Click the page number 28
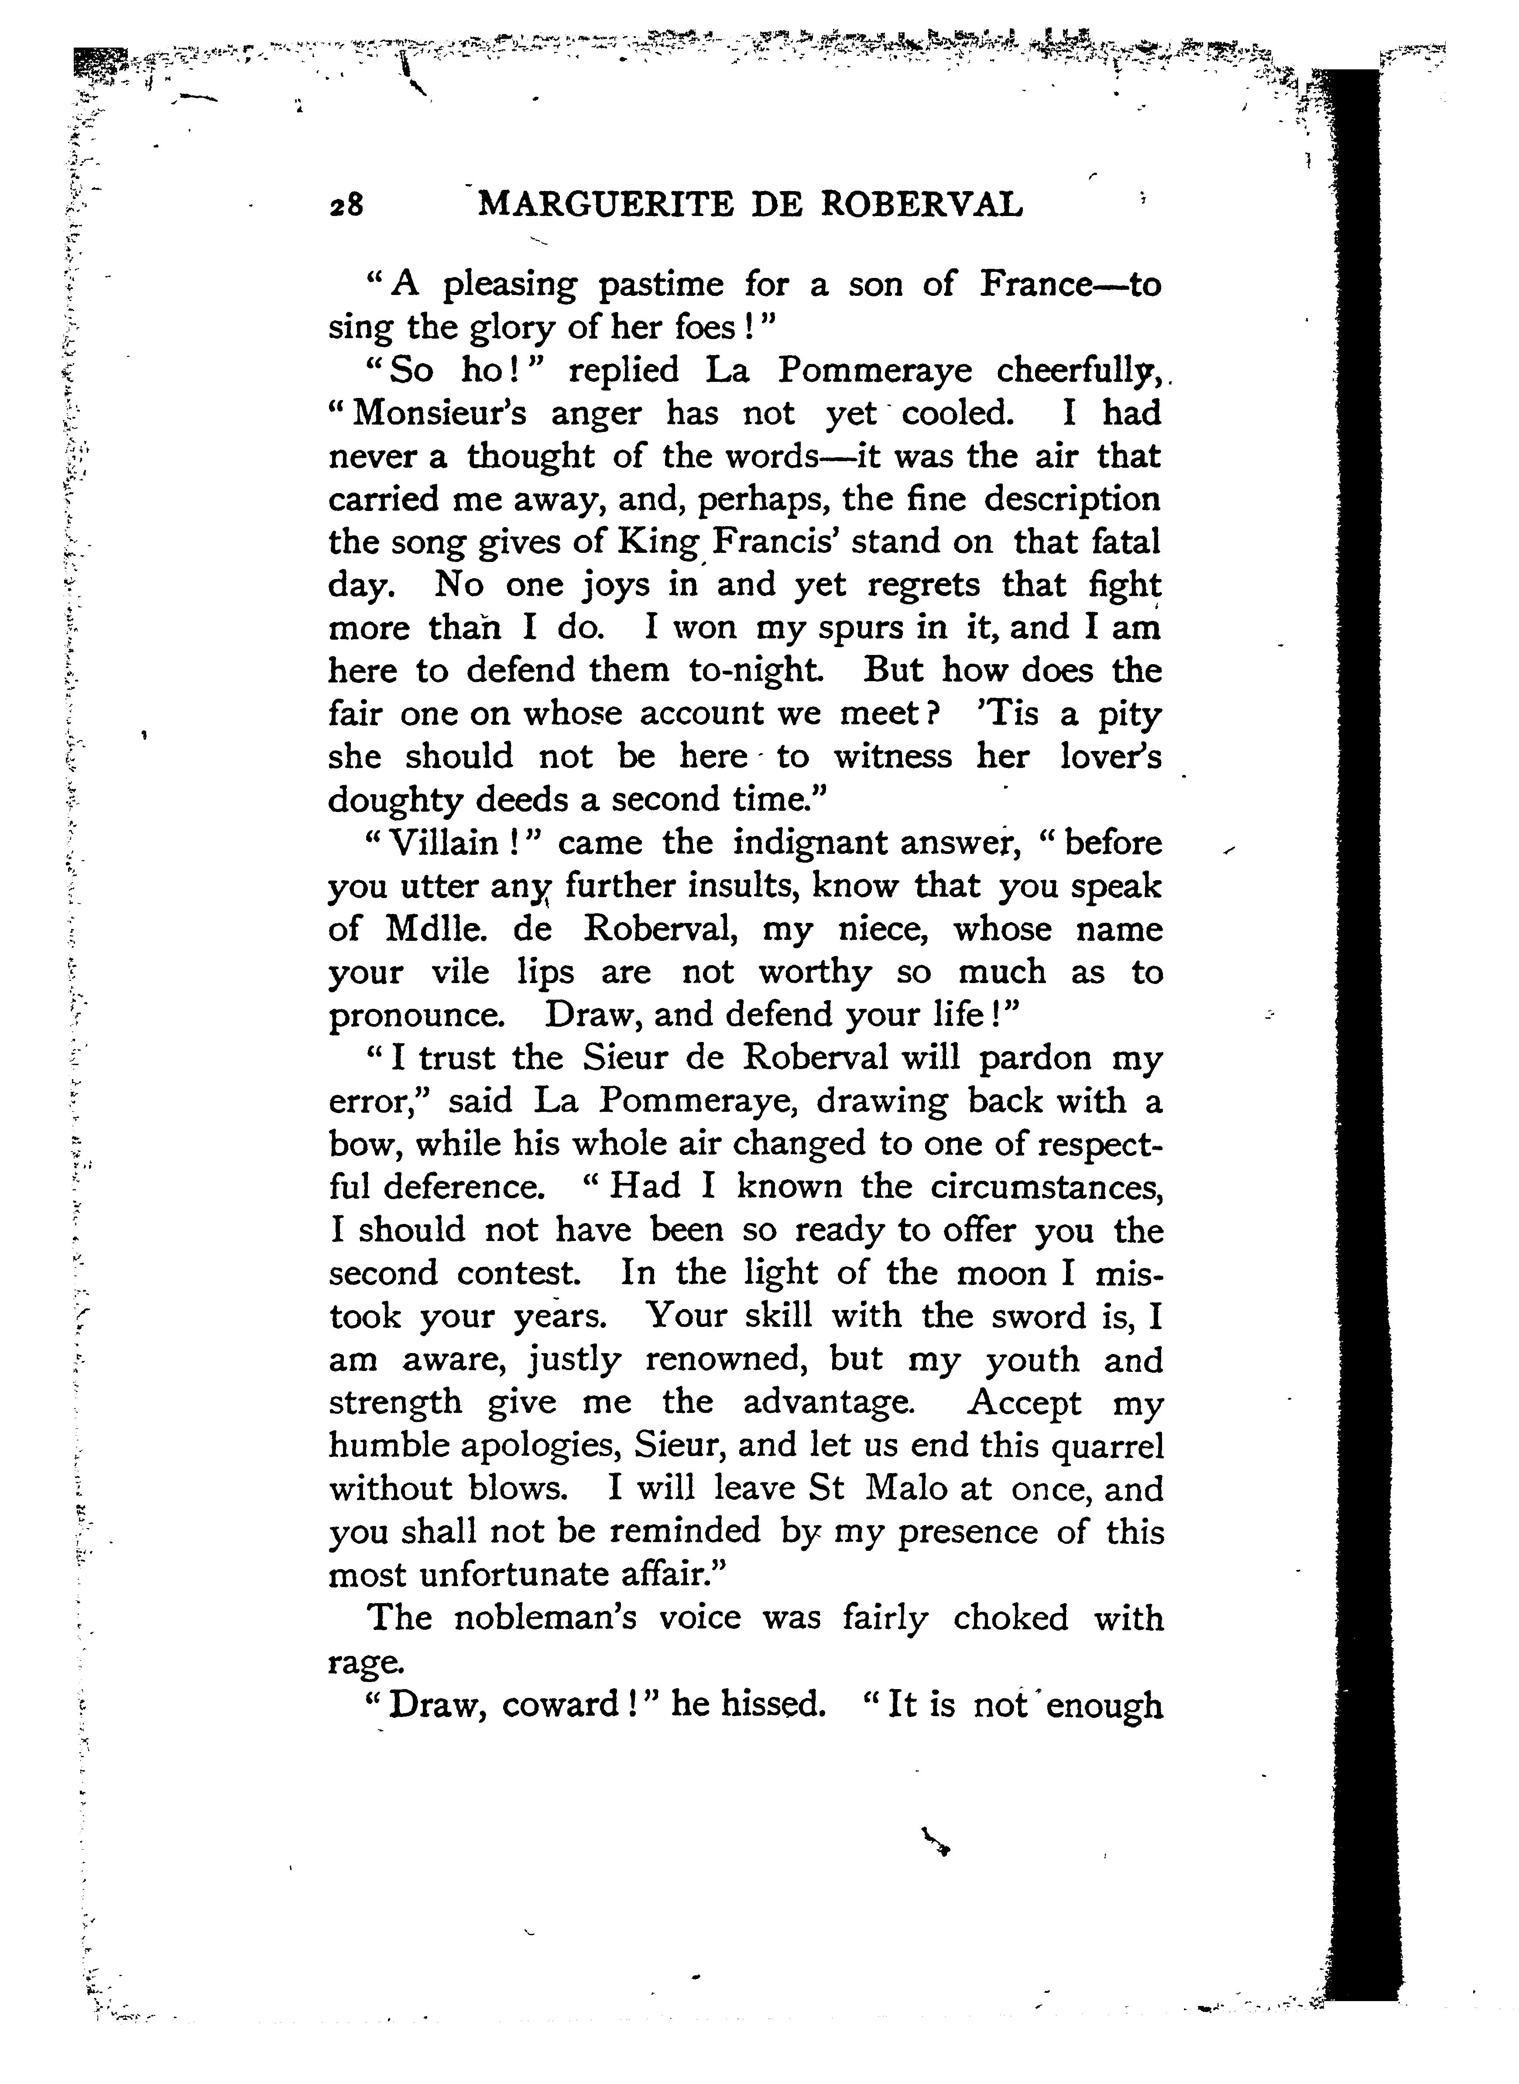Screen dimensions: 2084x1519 (x=346, y=204)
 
